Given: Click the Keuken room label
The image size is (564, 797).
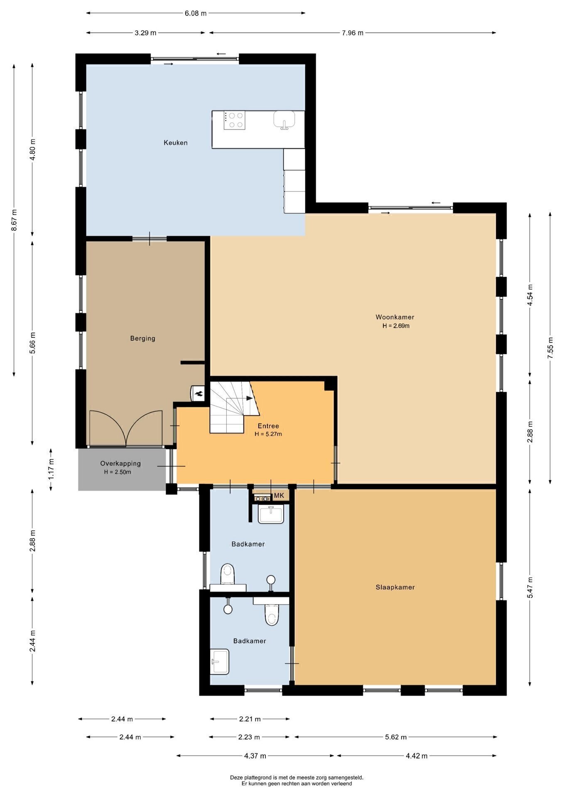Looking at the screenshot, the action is tap(176, 143).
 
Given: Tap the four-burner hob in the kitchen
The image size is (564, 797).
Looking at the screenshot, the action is tap(234, 120).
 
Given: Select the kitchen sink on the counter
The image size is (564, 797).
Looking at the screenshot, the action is tap(284, 120).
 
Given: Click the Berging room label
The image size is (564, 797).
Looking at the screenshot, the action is tap(143, 338).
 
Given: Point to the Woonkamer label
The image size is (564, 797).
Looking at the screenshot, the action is tap(395, 317).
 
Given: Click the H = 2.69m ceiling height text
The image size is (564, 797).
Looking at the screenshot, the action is tap(396, 326).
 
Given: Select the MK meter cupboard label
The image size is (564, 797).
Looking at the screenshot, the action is tap(279, 496).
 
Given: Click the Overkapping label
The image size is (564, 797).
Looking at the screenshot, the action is tap(120, 463).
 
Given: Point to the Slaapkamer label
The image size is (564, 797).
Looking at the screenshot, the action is tap(395, 587).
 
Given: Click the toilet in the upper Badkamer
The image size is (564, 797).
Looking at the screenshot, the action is tap(228, 574).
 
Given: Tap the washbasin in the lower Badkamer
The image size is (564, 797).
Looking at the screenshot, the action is tap(220, 662).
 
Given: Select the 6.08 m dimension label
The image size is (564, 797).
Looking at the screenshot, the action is tap(196, 13).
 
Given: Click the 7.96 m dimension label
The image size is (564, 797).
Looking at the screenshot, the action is tap(353, 33).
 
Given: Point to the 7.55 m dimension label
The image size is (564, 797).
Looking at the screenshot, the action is tap(550, 348).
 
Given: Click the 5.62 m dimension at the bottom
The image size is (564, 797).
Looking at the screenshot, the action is tap(396, 737).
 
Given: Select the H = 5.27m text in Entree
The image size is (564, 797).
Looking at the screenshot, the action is tap(268, 434).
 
